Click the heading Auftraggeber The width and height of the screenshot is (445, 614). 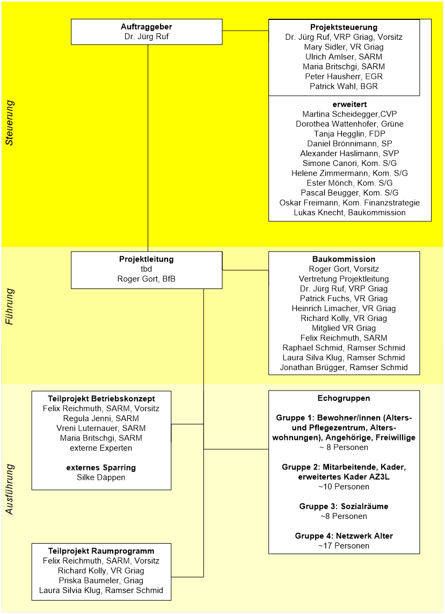click(147, 27)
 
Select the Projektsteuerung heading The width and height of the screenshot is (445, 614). click(344, 27)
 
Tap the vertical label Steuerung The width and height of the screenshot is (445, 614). click(9, 122)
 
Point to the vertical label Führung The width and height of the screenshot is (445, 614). click(9, 307)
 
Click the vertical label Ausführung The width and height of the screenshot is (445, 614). click(9, 489)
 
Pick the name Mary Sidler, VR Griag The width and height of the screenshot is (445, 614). click(344, 47)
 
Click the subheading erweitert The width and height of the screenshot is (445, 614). click(349, 104)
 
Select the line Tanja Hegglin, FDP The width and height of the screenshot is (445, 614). click(349, 134)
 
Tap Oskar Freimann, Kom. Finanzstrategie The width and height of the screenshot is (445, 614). click(349, 203)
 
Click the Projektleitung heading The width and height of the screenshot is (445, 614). click(147, 259)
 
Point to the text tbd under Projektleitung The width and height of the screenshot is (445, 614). click(147, 269)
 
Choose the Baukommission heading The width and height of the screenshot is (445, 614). click(344, 259)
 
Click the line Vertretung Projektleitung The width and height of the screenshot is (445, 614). click(344, 278)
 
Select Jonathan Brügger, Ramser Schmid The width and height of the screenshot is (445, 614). click(344, 367)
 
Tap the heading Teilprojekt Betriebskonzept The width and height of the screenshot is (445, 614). click(101, 398)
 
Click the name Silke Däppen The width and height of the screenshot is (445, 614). click(101, 477)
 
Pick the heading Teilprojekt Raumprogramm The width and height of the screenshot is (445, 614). click(101, 551)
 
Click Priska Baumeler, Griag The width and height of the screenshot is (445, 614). click(101, 580)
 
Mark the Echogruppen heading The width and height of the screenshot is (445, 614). click(344, 398)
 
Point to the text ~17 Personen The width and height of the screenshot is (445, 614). click(344, 545)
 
